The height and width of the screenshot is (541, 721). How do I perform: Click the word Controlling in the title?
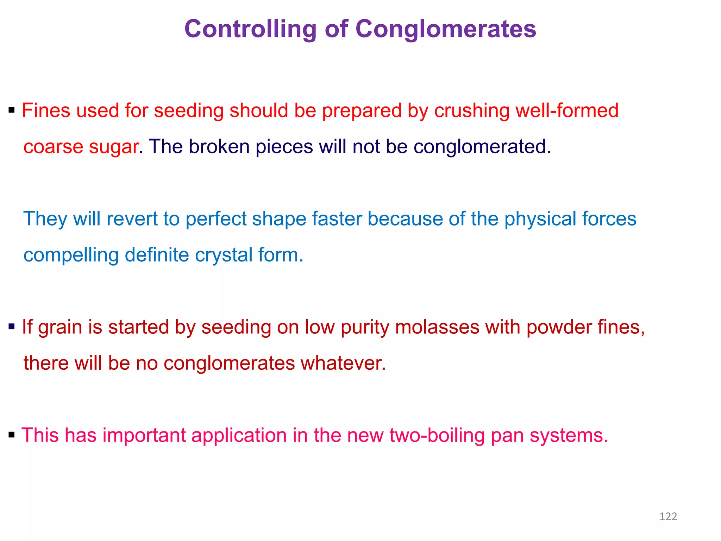tap(250, 29)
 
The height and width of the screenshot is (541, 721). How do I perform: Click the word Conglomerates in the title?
tap(446, 29)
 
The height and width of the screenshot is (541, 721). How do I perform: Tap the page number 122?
tap(668, 516)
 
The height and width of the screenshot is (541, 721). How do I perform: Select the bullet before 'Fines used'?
tap(12, 110)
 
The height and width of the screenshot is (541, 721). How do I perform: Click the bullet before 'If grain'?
tap(12, 327)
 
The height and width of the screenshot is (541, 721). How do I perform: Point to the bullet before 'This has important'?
tap(12, 435)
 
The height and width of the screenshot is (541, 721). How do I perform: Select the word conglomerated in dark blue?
tap(482, 147)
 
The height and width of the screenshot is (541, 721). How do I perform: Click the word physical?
tap(540, 219)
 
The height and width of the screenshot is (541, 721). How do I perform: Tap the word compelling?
tap(71, 256)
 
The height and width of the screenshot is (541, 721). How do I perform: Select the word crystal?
tap(223, 256)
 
